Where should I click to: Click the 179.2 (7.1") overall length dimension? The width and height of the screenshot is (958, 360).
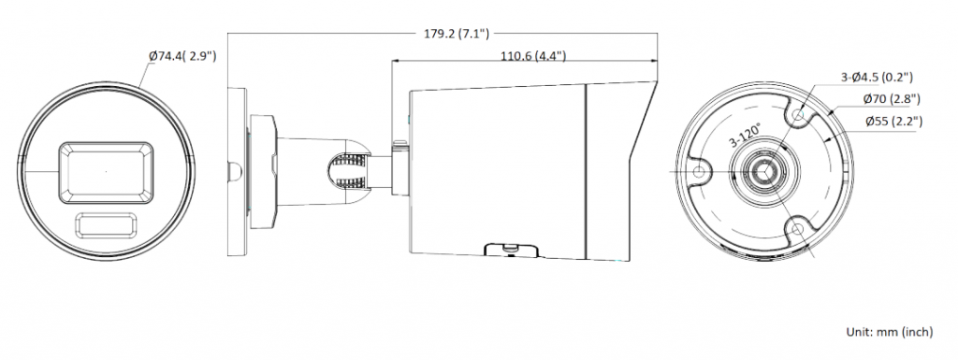(x=457, y=34)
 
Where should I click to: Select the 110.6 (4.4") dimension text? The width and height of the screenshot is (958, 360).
(x=533, y=57)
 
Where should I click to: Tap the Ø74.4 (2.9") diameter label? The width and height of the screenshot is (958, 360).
(x=182, y=57)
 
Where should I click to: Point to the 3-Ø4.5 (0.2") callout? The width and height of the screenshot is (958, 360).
(x=877, y=77)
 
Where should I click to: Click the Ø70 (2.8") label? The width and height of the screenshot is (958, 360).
(x=892, y=99)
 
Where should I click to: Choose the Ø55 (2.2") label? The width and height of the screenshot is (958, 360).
(x=893, y=122)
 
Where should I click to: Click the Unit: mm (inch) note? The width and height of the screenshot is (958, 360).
(x=890, y=332)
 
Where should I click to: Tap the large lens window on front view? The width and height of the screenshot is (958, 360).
(x=106, y=173)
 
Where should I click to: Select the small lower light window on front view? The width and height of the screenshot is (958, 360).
(x=106, y=225)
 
